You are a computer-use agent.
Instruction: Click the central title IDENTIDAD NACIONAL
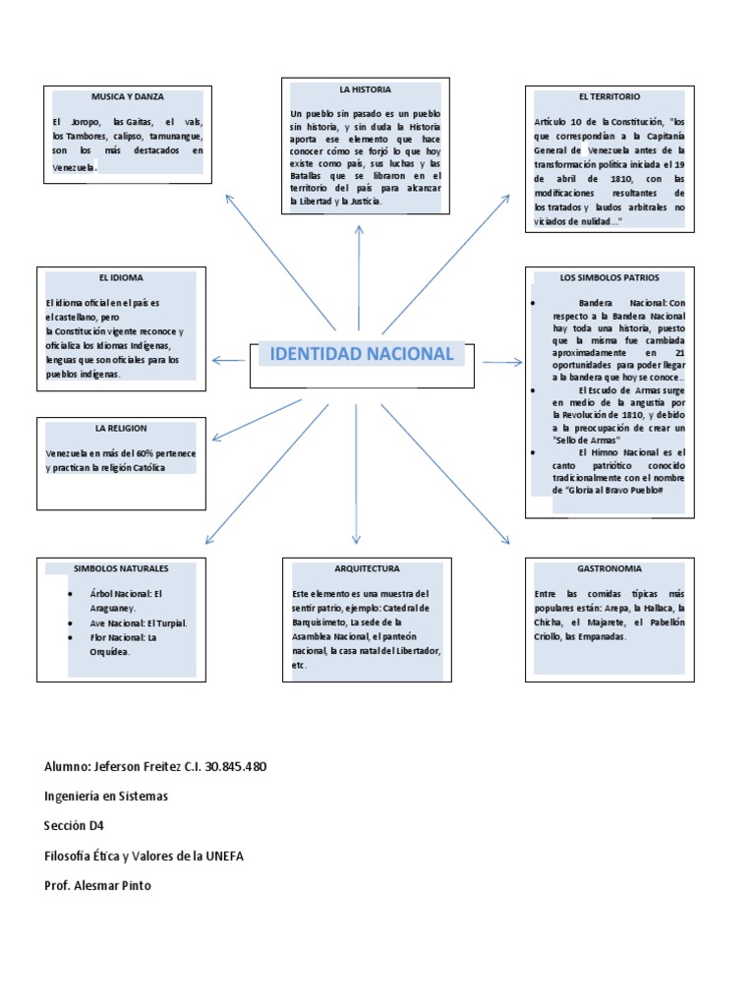click(x=361, y=354)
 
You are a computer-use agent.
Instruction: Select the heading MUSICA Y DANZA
click(x=128, y=97)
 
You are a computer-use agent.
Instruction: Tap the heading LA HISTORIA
click(x=359, y=89)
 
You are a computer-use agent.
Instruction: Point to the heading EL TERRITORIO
click(x=610, y=97)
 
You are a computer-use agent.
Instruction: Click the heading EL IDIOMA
click(x=121, y=278)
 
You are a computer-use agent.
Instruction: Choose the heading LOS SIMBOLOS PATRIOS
click(x=610, y=278)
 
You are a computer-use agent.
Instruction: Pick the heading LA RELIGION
click(x=121, y=429)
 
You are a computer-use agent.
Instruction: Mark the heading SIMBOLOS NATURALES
click(x=121, y=568)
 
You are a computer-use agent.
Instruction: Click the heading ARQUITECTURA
click(x=366, y=568)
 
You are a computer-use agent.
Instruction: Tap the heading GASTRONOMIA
click(x=610, y=568)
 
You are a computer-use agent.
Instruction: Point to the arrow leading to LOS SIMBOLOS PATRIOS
click(x=501, y=362)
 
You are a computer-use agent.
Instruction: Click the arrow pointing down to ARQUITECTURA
click(x=356, y=472)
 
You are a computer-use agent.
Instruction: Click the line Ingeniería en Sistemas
click(x=106, y=797)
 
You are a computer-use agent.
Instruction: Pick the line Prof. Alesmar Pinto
click(x=98, y=885)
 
